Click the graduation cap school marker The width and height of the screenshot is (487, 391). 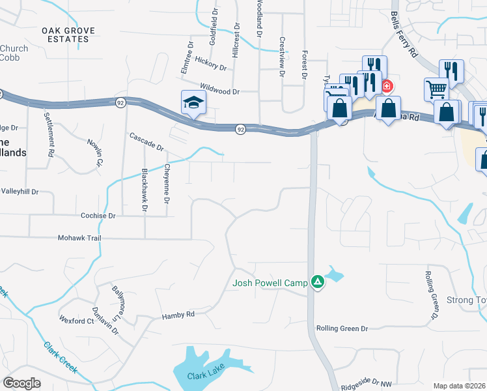tap(192, 103)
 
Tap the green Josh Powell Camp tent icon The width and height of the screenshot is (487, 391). tap(317, 282)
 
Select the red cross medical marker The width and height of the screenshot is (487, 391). tap(387, 86)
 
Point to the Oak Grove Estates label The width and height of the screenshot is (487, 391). tap(65, 35)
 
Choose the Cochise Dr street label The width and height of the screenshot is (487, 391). tap(98, 215)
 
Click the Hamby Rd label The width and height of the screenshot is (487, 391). tap(178, 315)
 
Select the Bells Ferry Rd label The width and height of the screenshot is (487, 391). tap(403, 33)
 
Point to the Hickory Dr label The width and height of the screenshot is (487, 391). tap(209, 66)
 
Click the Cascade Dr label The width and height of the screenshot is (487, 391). tap(146, 141)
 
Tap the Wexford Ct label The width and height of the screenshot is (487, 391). tap(77, 321)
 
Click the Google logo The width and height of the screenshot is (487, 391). tap(22, 383)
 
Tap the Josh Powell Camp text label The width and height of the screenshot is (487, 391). tap(271, 283)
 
